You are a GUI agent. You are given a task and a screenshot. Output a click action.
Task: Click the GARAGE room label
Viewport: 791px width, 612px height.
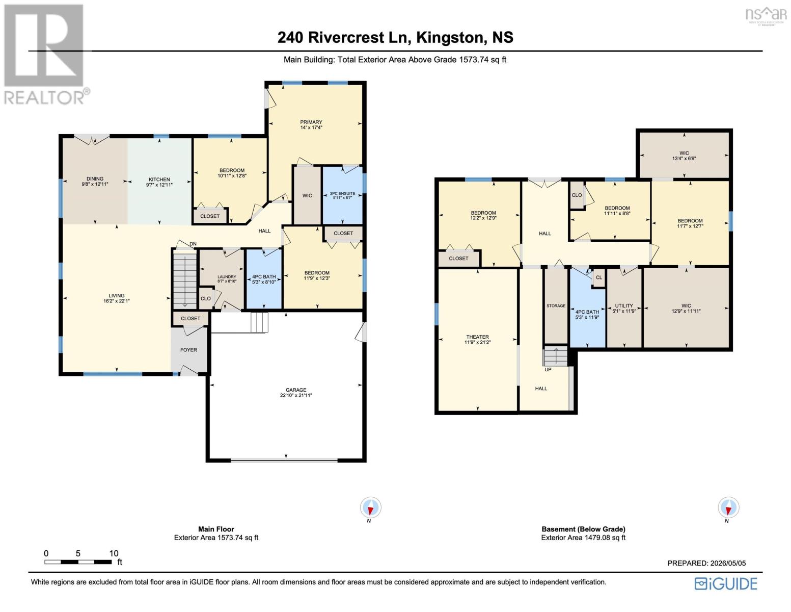pyautogui.click(x=295, y=390)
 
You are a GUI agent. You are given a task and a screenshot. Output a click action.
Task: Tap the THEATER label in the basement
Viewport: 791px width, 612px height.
pyautogui.click(x=477, y=337)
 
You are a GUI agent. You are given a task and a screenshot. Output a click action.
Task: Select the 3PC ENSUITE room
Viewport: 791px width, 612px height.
pyautogui.click(x=342, y=195)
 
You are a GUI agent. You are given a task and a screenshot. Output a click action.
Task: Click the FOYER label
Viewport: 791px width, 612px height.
pyautogui.click(x=188, y=349)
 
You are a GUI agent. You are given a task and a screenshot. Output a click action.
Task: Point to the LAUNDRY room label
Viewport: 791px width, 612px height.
pyautogui.click(x=227, y=276)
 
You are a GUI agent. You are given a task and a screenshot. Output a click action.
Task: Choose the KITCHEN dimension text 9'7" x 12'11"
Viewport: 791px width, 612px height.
pyautogui.click(x=159, y=185)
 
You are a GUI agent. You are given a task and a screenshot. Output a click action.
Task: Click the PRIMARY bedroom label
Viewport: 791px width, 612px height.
pyautogui.click(x=311, y=122)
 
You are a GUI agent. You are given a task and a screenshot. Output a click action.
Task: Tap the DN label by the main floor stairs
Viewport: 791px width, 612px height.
pyautogui.click(x=193, y=244)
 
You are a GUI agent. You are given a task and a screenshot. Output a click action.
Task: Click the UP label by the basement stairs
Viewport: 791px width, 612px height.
pyautogui.click(x=548, y=370)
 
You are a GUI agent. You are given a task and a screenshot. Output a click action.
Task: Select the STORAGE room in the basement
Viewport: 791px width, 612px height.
pyautogui.click(x=556, y=305)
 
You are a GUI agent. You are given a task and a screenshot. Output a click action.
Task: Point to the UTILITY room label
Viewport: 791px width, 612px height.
pyautogui.click(x=624, y=305)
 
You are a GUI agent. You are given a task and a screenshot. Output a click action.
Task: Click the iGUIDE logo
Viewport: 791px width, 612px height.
pyautogui.click(x=726, y=583)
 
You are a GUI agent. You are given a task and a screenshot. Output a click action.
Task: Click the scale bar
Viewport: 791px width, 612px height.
pyautogui.click(x=78, y=562)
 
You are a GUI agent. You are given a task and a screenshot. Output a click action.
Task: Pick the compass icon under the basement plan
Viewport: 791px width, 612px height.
pyautogui.click(x=728, y=507)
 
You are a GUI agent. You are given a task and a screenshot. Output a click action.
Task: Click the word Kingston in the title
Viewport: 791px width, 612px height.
pyautogui.click(x=450, y=38)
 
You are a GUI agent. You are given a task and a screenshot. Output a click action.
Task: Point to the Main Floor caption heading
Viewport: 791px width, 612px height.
pyautogui.click(x=216, y=529)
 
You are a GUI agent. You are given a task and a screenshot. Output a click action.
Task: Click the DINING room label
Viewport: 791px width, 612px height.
pyautogui.click(x=95, y=178)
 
